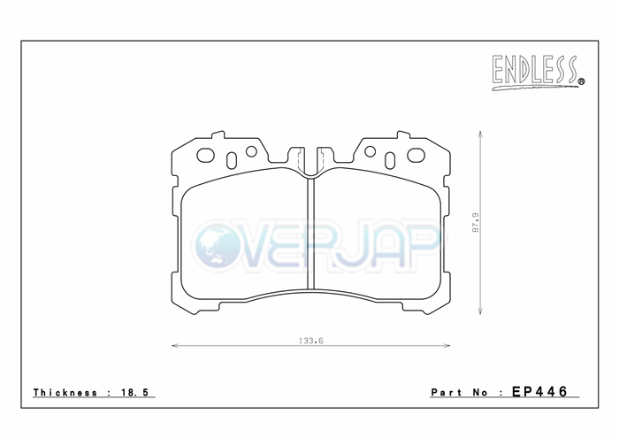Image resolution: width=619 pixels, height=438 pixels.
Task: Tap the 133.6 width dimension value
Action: (x=311, y=341)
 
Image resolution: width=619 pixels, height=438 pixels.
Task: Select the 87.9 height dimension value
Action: (x=476, y=222)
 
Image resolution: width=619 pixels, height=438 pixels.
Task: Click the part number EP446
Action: (x=539, y=391)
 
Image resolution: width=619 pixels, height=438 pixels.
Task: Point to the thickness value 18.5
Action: (x=135, y=392)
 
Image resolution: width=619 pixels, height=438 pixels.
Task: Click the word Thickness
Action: (x=65, y=392)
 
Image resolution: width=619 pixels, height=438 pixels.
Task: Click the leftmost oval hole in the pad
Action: (x=205, y=155)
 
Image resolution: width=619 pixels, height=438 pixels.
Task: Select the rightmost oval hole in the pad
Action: (x=416, y=155)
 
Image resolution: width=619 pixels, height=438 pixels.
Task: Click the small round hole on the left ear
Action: (x=251, y=151)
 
